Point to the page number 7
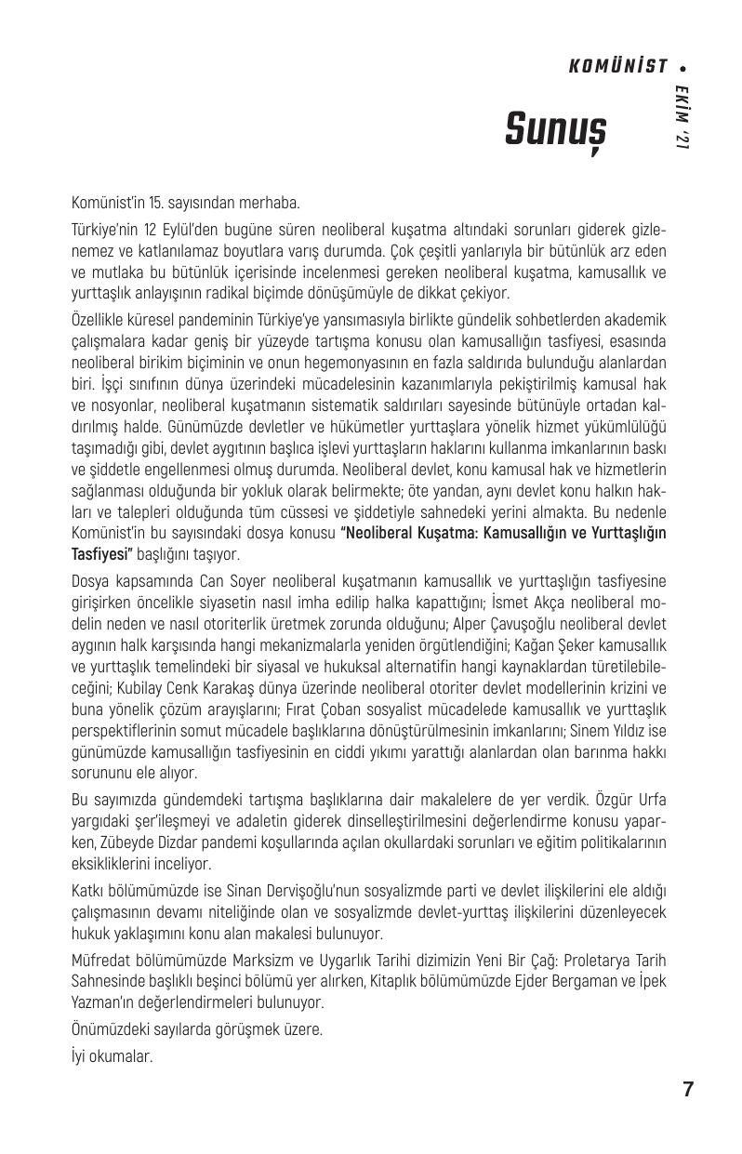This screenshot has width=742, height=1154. click(x=688, y=1090)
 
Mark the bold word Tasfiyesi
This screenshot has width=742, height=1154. click(x=102, y=553)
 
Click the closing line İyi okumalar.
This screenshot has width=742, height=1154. click(x=112, y=1056)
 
